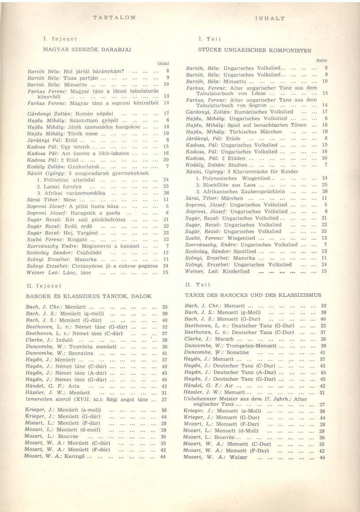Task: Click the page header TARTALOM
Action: (x=115, y=17)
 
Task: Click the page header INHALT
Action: (x=270, y=19)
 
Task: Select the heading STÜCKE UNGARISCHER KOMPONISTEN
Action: (x=255, y=51)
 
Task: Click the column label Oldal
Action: (x=163, y=64)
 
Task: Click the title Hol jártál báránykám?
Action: (x=93, y=71)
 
